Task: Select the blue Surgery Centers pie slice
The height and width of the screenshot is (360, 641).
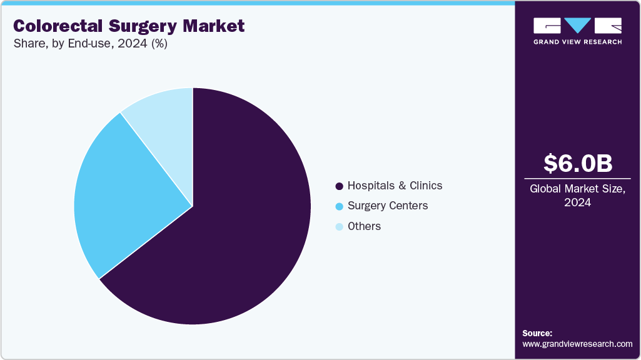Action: pyautogui.click(x=119, y=194)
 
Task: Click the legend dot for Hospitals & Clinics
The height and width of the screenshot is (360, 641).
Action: pyautogui.click(x=339, y=186)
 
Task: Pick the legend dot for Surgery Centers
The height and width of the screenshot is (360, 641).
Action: pyautogui.click(x=339, y=206)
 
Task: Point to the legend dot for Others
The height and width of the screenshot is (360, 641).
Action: pyautogui.click(x=339, y=227)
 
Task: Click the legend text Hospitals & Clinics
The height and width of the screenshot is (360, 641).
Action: pyautogui.click(x=395, y=186)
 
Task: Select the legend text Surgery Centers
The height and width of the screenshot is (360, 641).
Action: pyautogui.click(x=388, y=206)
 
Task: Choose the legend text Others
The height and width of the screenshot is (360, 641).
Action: pyautogui.click(x=364, y=226)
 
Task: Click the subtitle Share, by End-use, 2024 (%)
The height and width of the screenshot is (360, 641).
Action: pyautogui.click(x=90, y=44)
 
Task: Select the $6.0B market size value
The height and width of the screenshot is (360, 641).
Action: pyautogui.click(x=578, y=164)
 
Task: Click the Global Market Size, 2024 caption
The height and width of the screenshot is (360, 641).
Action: pyautogui.click(x=578, y=196)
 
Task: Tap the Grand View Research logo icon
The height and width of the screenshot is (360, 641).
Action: pyautogui.click(x=577, y=26)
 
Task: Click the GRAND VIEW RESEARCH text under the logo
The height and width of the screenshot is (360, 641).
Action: pyautogui.click(x=577, y=42)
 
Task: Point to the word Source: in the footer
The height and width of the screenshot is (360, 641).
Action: pyautogui.click(x=537, y=333)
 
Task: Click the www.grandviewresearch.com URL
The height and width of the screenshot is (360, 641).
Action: pyautogui.click(x=577, y=344)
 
